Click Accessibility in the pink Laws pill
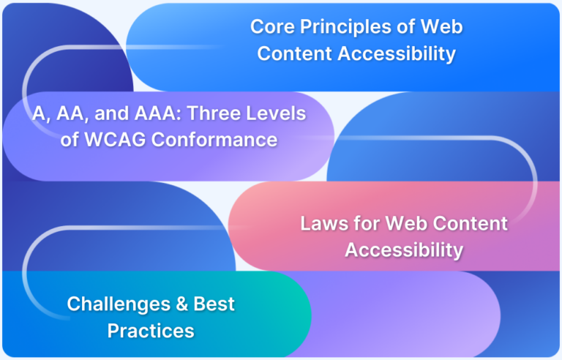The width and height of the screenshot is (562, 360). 404,250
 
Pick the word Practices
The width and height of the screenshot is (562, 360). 151,330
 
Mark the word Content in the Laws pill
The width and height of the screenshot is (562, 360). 467,223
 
